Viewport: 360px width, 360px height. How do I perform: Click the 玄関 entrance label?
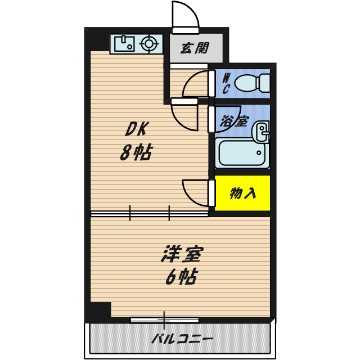194,48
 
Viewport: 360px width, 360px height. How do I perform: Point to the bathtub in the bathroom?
242,152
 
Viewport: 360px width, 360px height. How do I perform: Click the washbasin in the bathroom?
262,133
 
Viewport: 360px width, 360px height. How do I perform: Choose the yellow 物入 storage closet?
242,193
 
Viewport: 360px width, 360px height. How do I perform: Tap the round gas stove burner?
148,43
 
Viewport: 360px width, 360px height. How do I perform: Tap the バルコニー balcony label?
182,339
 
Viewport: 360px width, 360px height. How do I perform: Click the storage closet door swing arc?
194,192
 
